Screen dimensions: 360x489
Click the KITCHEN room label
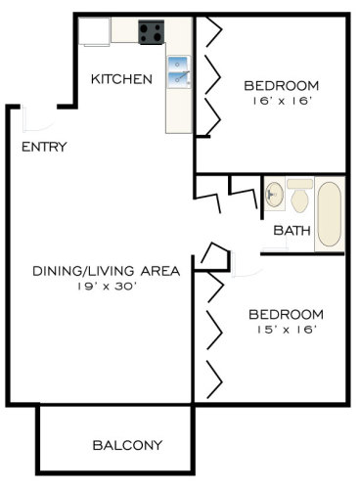click(x=121, y=79)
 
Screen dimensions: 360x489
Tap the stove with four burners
click(x=151, y=32)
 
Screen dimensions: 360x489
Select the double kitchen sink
click(x=178, y=72)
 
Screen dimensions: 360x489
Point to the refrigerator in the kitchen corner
click(x=94, y=31)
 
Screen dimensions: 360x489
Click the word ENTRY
click(x=44, y=147)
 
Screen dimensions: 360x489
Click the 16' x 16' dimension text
click(x=281, y=101)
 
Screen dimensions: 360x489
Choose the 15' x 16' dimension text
click(x=287, y=330)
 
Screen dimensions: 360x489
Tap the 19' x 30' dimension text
click(x=107, y=287)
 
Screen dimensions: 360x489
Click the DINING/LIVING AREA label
click(x=107, y=271)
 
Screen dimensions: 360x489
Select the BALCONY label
click(x=127, y=445)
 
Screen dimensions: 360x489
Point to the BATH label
click(x=292, y=231)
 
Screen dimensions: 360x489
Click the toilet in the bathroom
click(x=299, y=196)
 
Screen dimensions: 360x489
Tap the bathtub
click(x=330, y=214)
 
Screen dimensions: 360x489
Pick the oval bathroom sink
click(x=274, y=195)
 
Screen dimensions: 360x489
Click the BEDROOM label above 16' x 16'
click(x=282, y=86)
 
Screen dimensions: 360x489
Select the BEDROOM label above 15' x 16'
click(x=286, y=315)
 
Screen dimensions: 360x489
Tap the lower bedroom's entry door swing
click(x=246, y=266)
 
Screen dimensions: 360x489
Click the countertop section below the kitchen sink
click(x=178, y=111)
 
